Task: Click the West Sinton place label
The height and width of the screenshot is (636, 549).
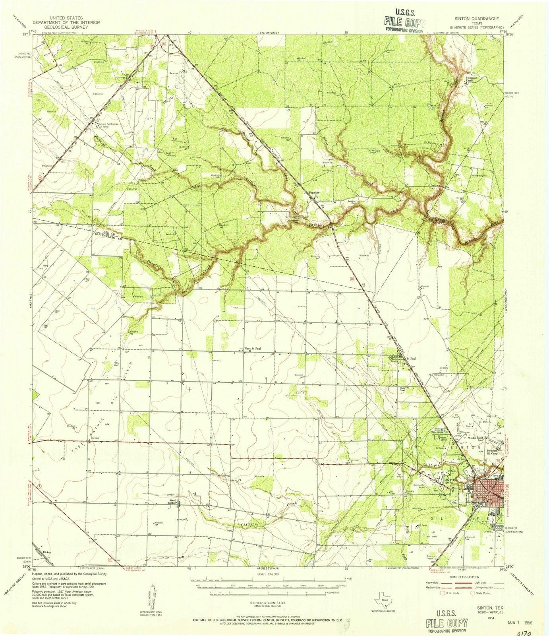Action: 173,502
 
